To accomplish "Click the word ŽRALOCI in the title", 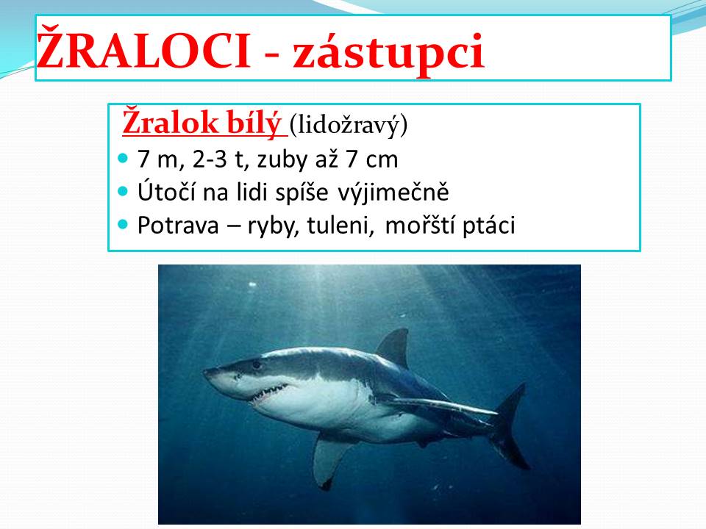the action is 143,50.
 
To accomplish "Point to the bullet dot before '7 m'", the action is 123,159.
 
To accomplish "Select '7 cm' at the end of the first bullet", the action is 372,159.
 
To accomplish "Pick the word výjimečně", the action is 393,193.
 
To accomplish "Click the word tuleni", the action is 340,225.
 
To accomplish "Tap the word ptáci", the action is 488,226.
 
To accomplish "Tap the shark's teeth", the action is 269,393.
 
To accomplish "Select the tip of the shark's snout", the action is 204,372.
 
